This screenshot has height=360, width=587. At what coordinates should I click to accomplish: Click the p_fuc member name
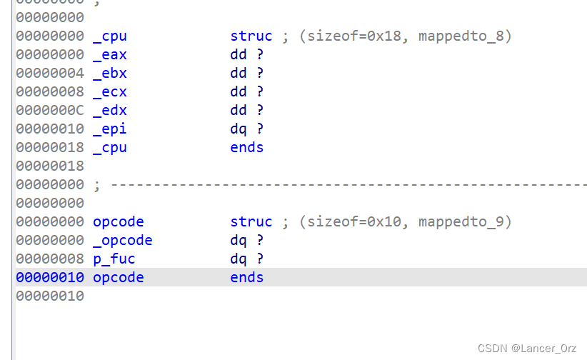pos(114,259)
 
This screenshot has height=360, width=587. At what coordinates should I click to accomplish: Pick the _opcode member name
pos(123,240)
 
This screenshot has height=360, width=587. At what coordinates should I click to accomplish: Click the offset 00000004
pos(50,73)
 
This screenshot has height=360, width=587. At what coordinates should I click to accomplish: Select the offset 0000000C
pos(50,110)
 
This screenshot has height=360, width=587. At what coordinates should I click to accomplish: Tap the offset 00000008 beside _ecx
pos(50,91)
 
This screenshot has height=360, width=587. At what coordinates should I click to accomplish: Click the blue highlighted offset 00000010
pos(50,277)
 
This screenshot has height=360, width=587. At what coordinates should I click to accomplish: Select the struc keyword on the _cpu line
pos(251,36)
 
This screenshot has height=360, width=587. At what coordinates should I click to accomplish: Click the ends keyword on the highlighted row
pos(247,277)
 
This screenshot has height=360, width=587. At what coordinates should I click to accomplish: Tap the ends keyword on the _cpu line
pos(247,147)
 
